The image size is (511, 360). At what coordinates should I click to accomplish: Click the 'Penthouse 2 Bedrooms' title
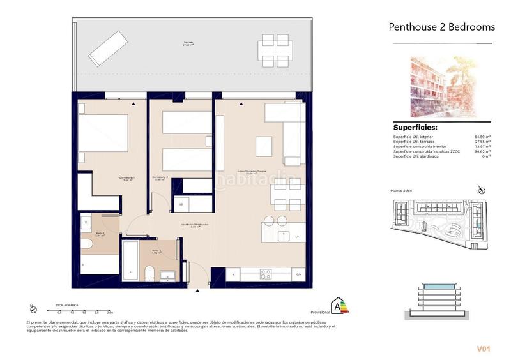tap(441, 27)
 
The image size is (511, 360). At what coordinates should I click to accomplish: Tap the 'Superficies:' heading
tap(419, 127)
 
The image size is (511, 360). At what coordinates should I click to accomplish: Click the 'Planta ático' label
tap(403, 191)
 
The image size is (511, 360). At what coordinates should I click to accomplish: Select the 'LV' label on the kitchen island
tap(297, 237)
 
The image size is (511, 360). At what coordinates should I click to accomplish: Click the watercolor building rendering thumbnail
tap(442, 87)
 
